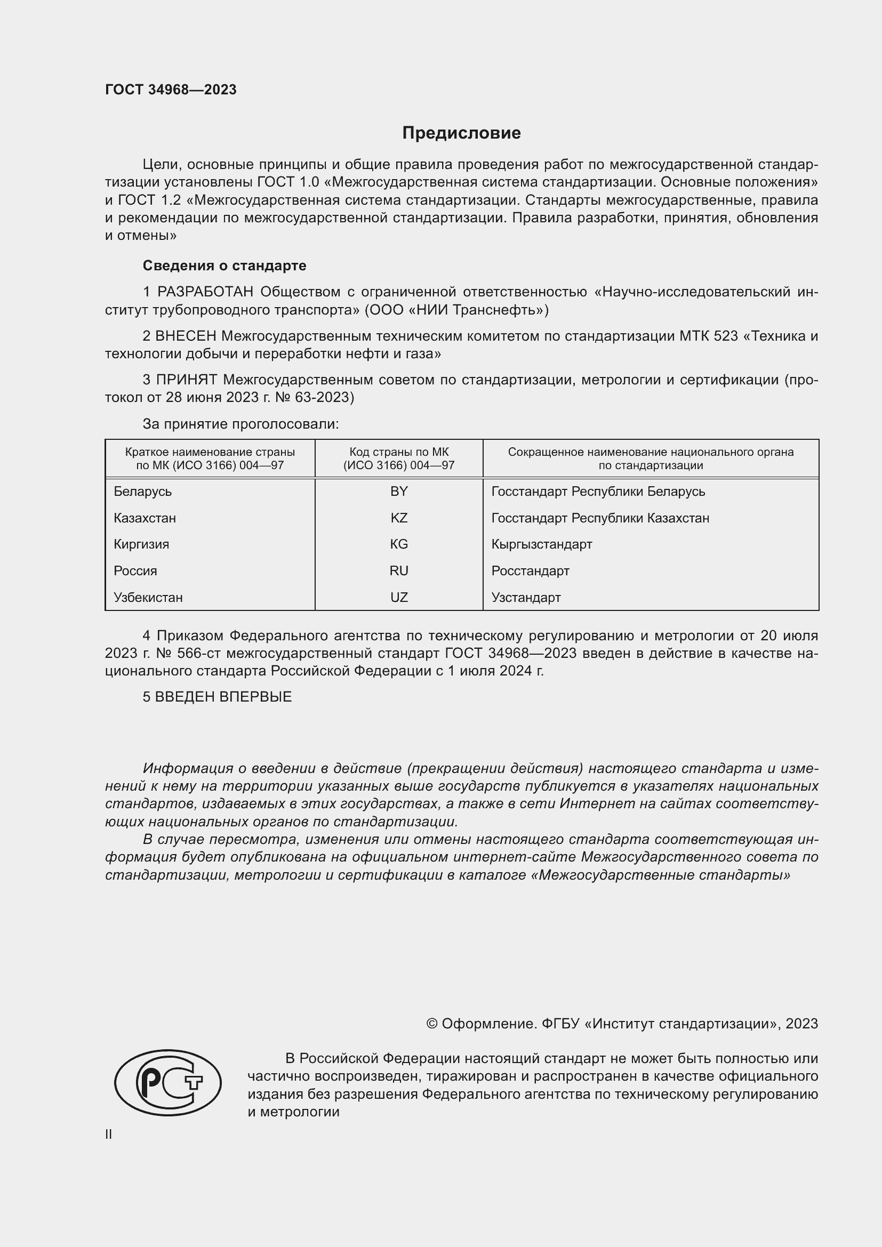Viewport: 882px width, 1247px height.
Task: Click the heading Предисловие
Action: [461, 133]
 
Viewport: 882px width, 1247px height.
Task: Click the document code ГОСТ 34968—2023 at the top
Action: [171, 90]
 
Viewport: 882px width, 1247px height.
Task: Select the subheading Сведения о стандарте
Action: [224, 266]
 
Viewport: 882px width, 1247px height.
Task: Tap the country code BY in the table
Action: [399, 492]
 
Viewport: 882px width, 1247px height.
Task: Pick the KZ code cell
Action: [399, 518]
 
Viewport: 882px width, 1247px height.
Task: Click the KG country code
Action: [399, 544]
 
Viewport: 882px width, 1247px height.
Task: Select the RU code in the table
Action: [399, 571]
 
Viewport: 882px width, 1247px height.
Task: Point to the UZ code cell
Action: [399, 598]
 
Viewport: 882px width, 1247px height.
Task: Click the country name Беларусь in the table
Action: [143, 492]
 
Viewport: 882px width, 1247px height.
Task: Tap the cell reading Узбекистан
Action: [148, 598]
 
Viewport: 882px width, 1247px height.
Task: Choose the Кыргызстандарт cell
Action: [541, 544]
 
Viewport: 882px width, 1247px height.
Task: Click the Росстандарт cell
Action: [530, 571]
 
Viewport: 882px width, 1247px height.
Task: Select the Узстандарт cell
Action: [526, 598]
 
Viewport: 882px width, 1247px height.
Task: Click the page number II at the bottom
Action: [109, 1134]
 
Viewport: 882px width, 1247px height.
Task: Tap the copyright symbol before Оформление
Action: [432, 1024]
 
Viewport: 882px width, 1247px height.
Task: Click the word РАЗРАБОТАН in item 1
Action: [205, 292]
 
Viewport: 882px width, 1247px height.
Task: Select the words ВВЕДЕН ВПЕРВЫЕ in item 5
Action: [223, 697]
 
